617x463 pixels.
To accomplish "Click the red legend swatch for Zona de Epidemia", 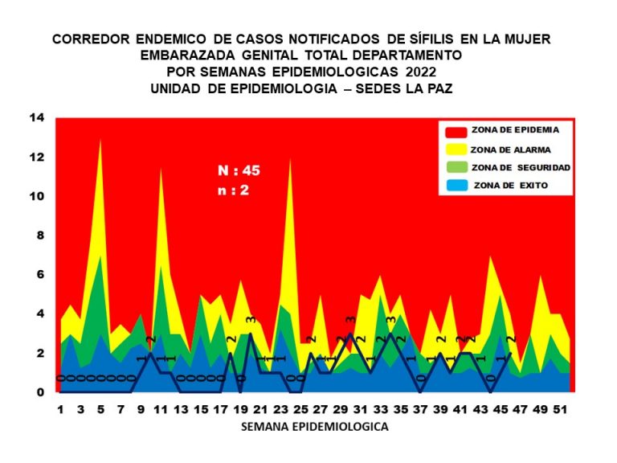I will [x=457, y=131].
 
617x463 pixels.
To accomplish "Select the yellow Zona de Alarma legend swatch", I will [x=457, y=149].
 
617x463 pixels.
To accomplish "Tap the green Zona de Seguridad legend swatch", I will [x=457, y=167].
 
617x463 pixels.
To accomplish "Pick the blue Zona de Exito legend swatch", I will [x=457, y=186].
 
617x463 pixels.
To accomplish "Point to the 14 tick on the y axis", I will [x=37, y=118].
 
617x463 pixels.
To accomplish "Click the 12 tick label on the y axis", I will [x=37, y=158].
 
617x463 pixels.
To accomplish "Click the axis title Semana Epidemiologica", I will [x=315, y=428].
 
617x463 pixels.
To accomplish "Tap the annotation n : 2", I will [x=235, y=191].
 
